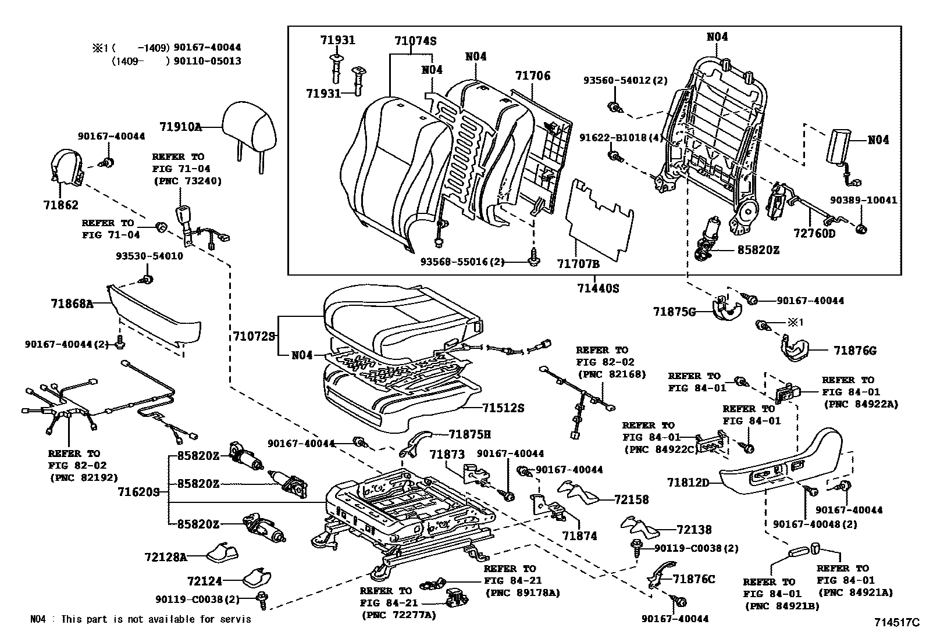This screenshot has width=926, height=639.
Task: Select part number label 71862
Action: coord(60,205)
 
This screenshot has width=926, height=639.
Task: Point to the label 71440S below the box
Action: coord(598,287)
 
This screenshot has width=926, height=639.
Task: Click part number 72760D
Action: coord(814,234)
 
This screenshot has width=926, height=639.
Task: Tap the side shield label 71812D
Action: coord(688,483)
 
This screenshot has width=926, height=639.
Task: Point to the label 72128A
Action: coord(165,557)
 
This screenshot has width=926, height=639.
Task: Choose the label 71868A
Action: coord(72,304)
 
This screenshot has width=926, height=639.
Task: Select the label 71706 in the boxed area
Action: coord(532,76)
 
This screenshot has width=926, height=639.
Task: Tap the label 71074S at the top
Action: coord(415,41)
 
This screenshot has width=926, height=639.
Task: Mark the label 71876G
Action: coord(854,351)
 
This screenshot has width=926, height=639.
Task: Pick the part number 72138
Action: coord(694,530)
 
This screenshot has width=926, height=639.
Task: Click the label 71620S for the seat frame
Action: coord(138,492)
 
